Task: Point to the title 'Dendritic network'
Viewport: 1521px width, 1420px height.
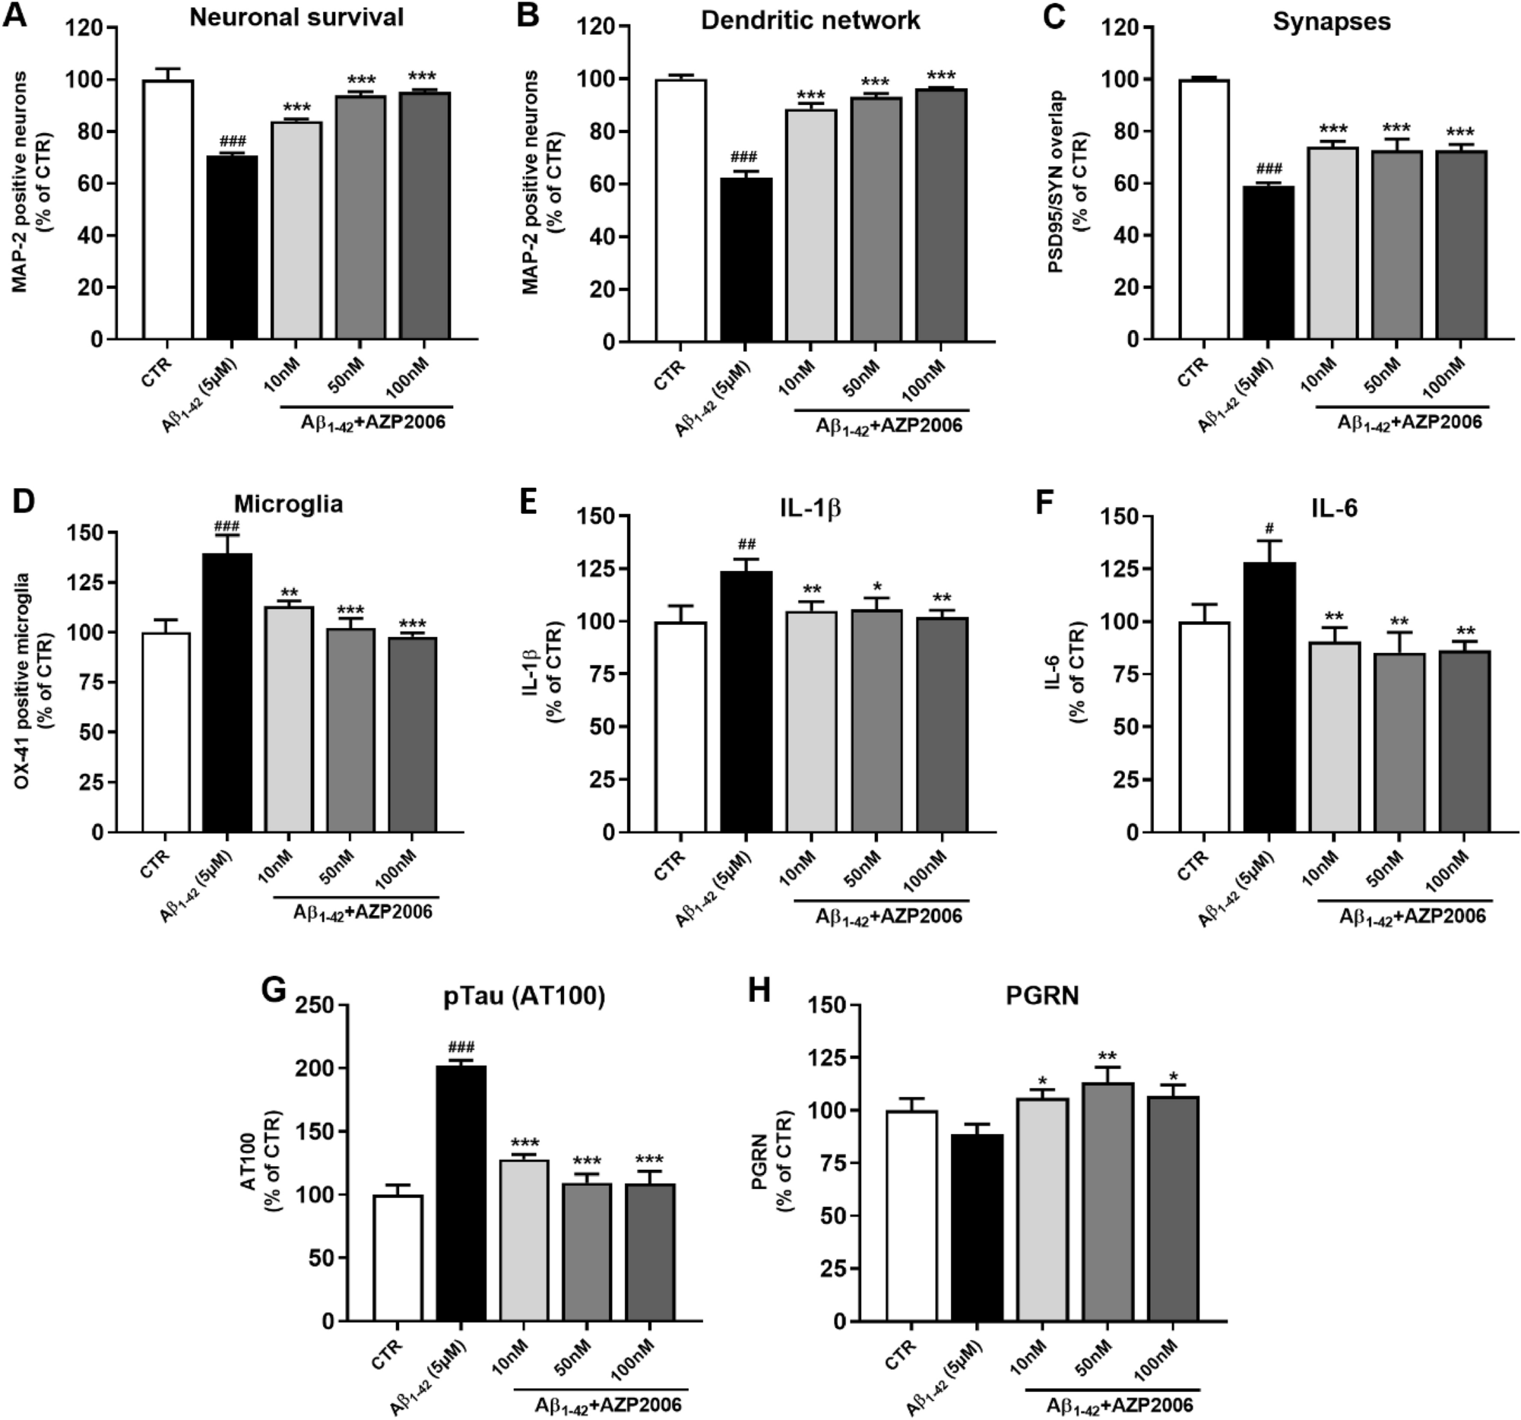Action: [810, 20]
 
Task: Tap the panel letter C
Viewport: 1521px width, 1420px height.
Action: [1054, 17]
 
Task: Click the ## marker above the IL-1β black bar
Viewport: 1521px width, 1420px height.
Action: [746, 545]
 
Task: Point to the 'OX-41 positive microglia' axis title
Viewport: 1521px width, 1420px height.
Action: [24, 682]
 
